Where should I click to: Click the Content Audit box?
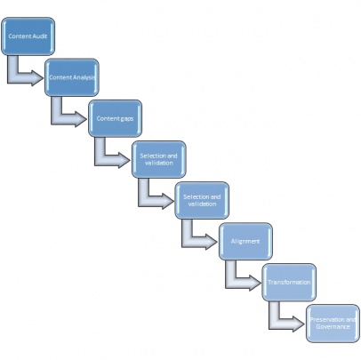pyautogui.click(x=28, y=36)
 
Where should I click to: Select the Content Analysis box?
pyautogui.click(x=72, y=77)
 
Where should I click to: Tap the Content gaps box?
pyautogui.click(x=115, y=118)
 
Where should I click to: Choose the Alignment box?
pyautogui.click(x=245, y=242)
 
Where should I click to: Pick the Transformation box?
pyautogui.click(x=289, y=283)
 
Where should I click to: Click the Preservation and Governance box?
pyautogui.click(x=333, y=324)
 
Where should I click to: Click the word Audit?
pyautogui.click(x=40, y=36)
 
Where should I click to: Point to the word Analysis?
pyautogui.click(x=84, y=77)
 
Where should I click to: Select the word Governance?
pyautogui.click(x=333, y=327)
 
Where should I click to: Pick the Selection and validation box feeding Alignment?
pyautogui.click(x=202, y=200)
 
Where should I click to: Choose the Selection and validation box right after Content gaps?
pyautogui.click(x=159, y=159)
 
